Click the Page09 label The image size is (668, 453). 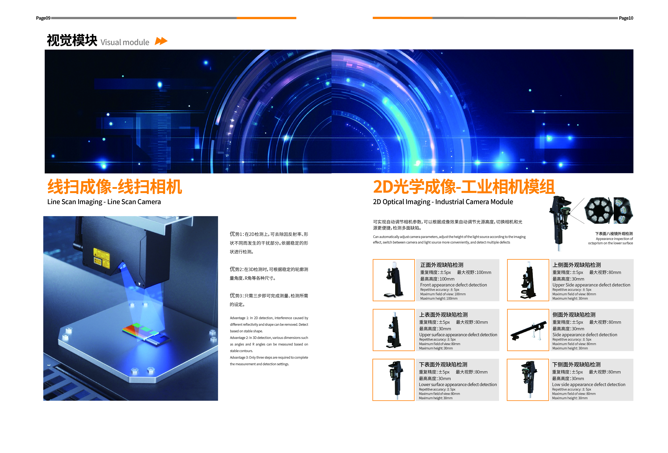point(43,18)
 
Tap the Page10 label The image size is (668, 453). point(626,18)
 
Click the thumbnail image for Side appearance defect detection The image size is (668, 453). point(528,330)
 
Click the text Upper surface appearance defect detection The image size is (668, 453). point(458,335)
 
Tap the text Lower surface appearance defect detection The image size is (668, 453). point(458,384)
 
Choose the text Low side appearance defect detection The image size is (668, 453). point(589,384)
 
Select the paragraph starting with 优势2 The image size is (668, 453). point(269,273)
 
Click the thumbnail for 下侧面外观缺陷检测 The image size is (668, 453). point(528,380)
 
